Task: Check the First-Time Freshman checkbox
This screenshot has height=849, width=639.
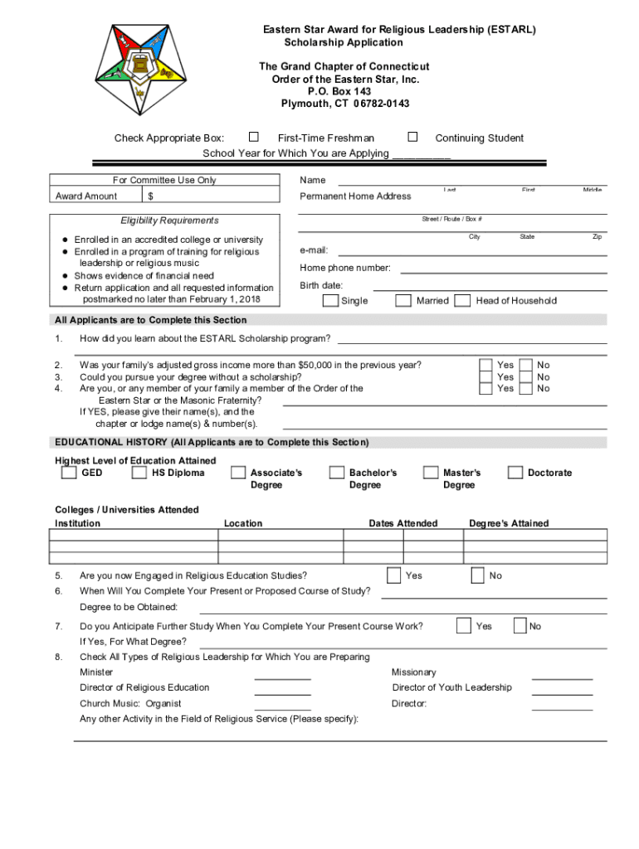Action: click(x=254, y=137)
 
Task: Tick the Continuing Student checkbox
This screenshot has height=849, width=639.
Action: click(x=412, y=137)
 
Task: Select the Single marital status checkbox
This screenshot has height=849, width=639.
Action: click(x=330, y=300)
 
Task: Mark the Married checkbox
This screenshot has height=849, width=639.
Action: click(x=402, y=300)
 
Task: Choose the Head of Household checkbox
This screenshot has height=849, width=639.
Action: click(x=463, y=300)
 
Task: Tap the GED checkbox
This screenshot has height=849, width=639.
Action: click(x=69, y=473)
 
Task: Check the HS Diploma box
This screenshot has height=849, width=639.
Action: click(x=139, y=473)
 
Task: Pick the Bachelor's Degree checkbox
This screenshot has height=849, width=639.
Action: click(x=336, y=473)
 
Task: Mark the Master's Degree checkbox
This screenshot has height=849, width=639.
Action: click(x=431, y=473)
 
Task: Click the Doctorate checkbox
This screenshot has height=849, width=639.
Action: click(x=514, y=473)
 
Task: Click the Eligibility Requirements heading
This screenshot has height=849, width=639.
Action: click(x=169, y=221)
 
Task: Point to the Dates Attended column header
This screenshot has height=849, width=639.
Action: click(x=402, y=523)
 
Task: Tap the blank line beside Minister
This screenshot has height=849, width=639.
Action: click(x=282, y=677)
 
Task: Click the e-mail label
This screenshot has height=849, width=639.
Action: click(x=314, y=250)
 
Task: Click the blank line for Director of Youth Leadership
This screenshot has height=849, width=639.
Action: click(x=562, y=693)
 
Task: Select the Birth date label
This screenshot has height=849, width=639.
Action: click(x=321, y=285)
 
